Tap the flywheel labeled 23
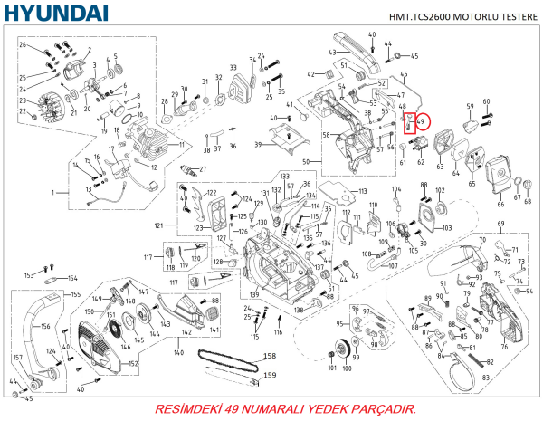click(51, 103)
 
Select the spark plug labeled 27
click(189, 169)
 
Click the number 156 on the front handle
click(43, 327)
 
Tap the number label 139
click(255, 296)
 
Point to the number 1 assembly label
click(53, 193)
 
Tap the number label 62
click(420, 164)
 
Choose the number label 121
click(159, 225)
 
